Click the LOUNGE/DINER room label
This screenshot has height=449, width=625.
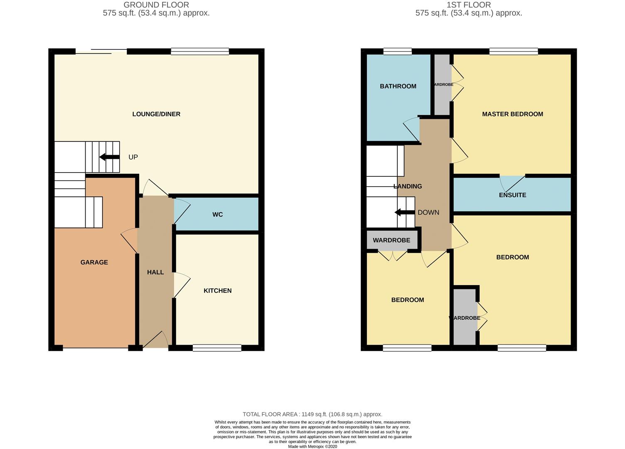coord(156,114)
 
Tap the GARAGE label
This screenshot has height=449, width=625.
coord(94,262)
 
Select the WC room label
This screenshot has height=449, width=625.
coord(217,215)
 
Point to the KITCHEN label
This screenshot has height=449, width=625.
coord(217,291)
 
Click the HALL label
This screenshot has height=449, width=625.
coord(155,272)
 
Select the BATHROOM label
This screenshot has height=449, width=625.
coord(398,86)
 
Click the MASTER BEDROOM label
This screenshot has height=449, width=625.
coord(512,114)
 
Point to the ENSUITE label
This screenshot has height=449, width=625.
coord(512,195)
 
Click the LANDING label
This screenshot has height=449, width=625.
coord(408,186)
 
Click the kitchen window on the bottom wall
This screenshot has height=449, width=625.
coord(217,348)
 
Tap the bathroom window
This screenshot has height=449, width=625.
coord(397,52)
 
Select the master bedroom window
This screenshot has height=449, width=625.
coord(514,52)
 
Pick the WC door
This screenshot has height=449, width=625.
coord(181,210)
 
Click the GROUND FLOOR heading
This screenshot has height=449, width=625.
coord(156,5)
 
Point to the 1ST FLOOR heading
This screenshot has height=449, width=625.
coord(468,5)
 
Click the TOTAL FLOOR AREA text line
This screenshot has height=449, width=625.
coord(312,414)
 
